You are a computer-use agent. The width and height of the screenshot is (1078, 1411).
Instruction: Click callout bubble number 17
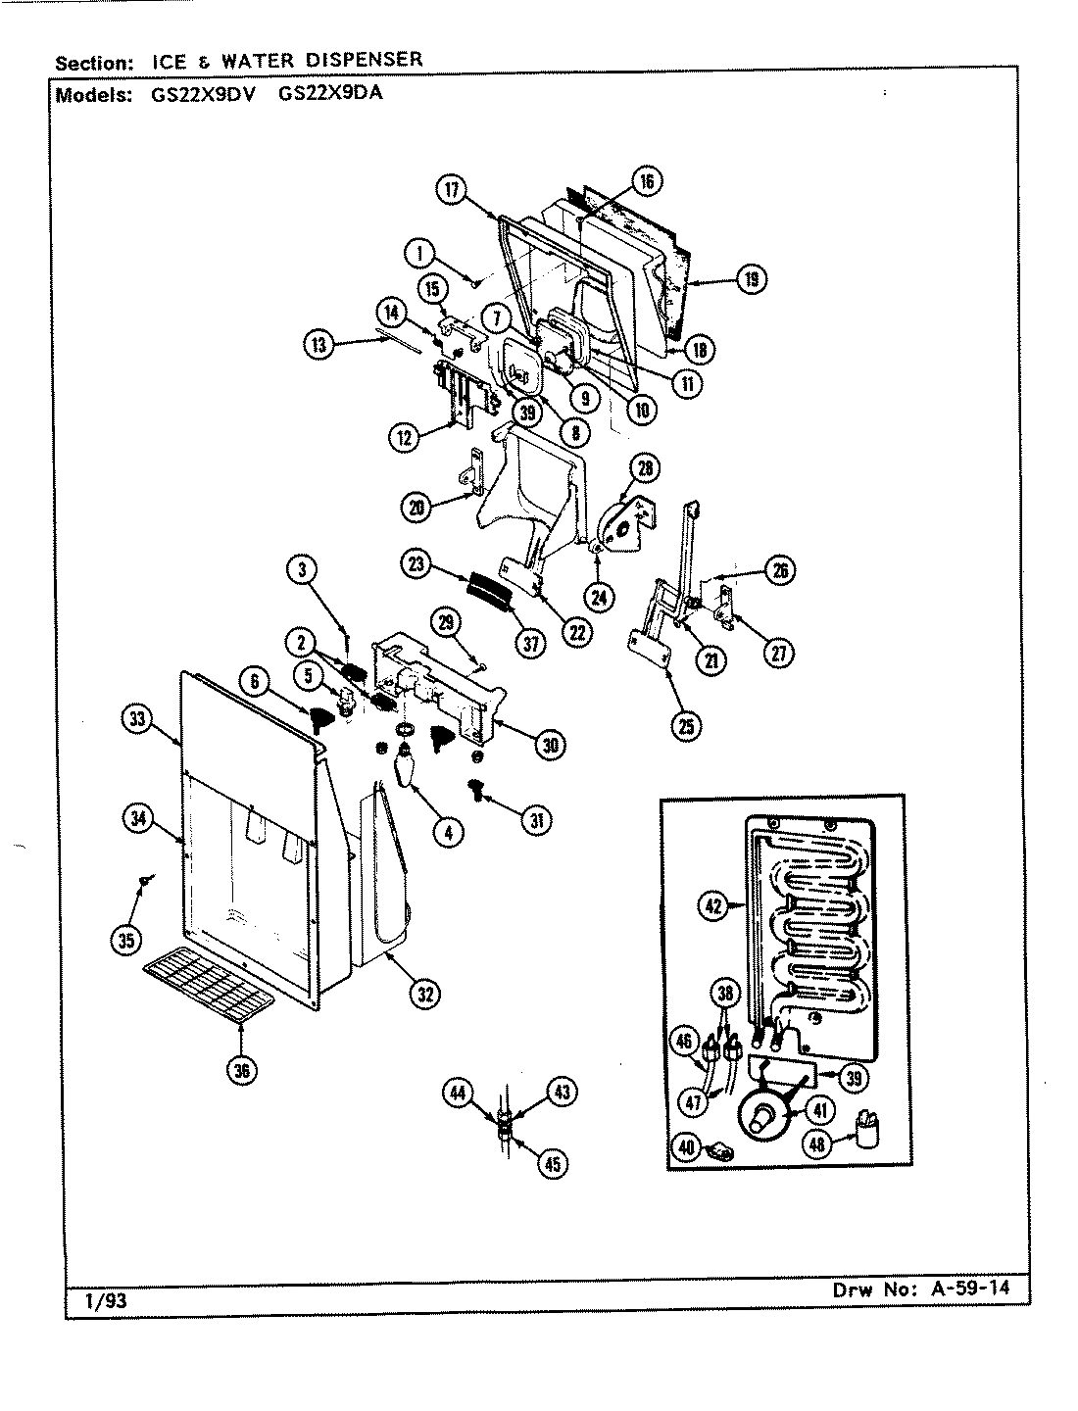point(452,192)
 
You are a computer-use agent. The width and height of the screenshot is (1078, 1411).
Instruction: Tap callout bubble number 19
point(752,280)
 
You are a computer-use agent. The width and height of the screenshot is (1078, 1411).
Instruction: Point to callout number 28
point(647,468)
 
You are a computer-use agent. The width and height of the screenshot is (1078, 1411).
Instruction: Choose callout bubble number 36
point(242,1071)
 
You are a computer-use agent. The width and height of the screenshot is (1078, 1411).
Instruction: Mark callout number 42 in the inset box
point(713,907)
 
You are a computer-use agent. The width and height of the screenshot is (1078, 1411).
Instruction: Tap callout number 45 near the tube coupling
point(554,1163)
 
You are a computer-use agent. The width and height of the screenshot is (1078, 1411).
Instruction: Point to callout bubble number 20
point(416,507)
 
